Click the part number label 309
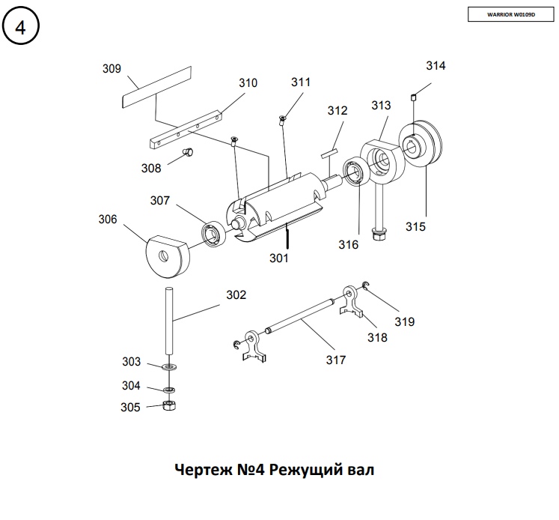112,69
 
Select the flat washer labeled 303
169,367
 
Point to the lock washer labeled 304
169,389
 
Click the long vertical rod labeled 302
170,322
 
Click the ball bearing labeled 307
215,233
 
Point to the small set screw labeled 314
413,96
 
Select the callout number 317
336,360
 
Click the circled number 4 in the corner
21,28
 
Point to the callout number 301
279,258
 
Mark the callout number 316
348,245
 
